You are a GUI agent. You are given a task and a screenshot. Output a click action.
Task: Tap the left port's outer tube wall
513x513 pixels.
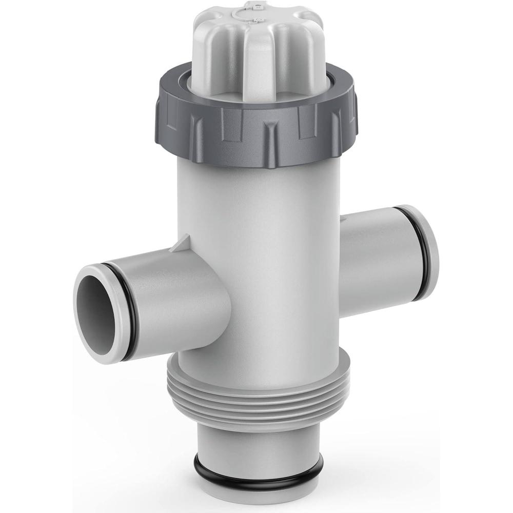(x=169, y=292)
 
